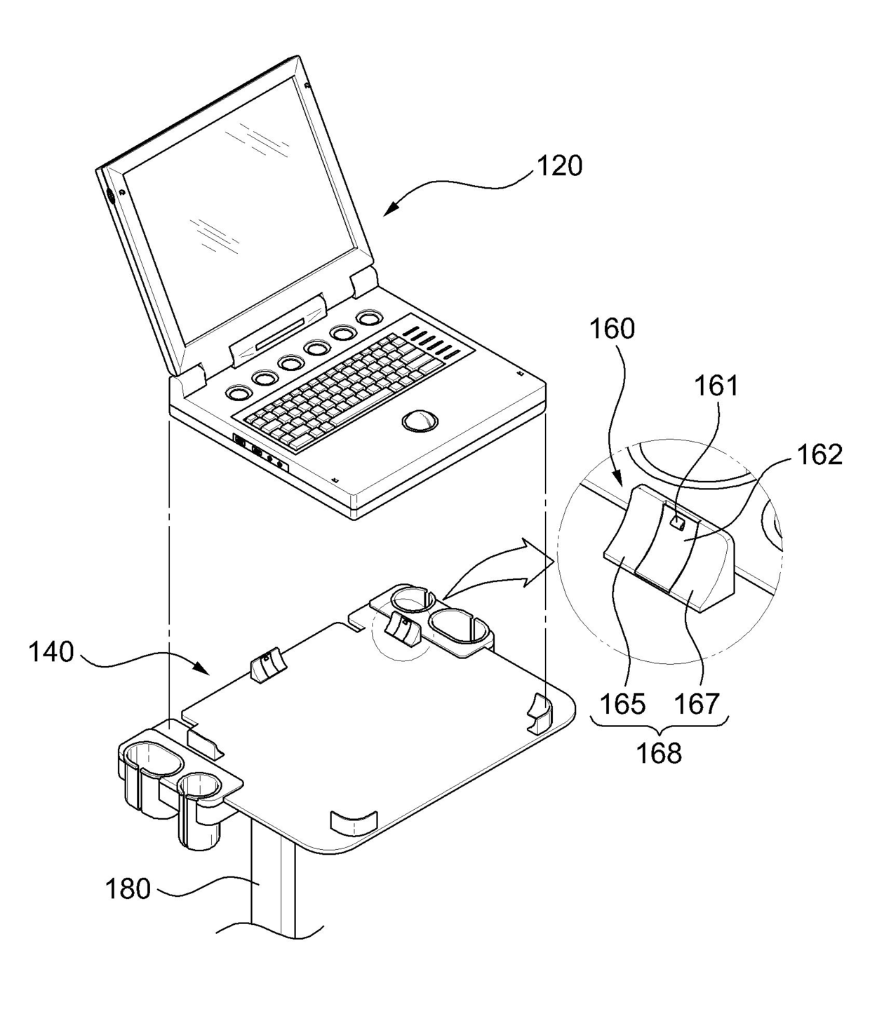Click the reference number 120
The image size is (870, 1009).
point(559,166)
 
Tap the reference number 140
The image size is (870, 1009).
point(51,652)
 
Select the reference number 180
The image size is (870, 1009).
point(128,889)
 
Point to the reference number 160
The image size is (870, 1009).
point(613,328)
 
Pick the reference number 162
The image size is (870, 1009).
point(820,455)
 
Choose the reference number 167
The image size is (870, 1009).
point(699,703)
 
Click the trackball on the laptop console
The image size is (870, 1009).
point(420,420)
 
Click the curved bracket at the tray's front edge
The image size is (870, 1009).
point(353,822)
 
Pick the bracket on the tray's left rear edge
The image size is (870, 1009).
point(265,665)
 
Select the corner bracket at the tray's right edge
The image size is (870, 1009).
point(540,713)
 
